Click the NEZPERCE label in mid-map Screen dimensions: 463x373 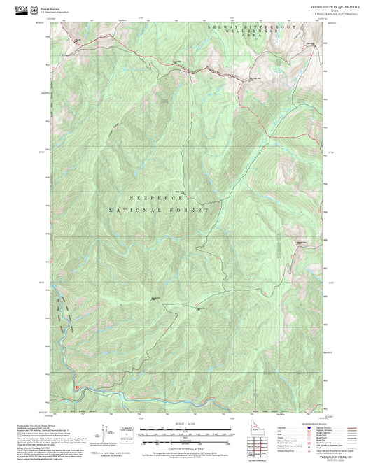tap(144, 198)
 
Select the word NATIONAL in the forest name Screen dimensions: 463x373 tap(134, 210)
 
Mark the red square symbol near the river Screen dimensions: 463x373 tap(77, 383)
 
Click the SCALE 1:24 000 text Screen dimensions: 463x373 tap(185, 424)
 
